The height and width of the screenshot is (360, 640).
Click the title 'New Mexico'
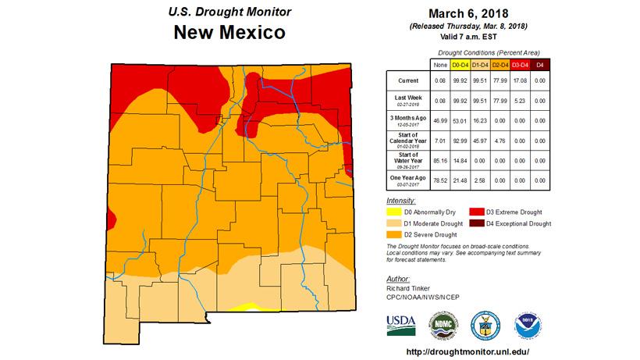coord(229,34)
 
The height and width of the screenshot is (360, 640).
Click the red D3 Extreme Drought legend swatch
coord(476,212)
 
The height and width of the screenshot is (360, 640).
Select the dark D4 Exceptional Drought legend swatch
coord(476,223)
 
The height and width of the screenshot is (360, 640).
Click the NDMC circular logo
coord(441,324)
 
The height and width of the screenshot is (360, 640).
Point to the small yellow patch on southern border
coord(249,305)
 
